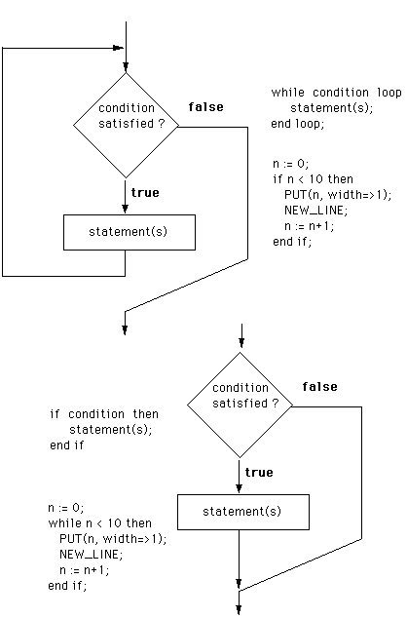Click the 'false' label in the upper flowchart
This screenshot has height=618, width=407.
[205, 107]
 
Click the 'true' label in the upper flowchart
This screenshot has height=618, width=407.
[145, 193]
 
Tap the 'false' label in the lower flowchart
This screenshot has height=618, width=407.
[319, 387]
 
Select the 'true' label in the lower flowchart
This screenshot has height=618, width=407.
[259, 473]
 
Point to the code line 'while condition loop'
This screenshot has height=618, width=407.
[336, 93]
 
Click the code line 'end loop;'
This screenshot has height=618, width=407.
[298, 124]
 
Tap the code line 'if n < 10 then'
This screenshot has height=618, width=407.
[313, 179]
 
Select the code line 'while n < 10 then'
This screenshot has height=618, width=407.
[99, 523]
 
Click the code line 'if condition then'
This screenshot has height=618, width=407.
[104, 414]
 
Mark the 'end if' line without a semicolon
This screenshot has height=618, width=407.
[67, 445]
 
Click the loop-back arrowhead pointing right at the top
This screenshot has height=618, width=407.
[118, 48]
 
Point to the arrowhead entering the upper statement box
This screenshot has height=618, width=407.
[126, 209]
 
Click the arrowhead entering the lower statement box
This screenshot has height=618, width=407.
[239, 488]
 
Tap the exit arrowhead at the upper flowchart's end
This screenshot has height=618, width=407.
[125, 330]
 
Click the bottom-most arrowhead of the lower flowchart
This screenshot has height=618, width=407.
[239, 610]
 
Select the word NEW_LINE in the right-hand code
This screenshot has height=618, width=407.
[316, 211]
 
